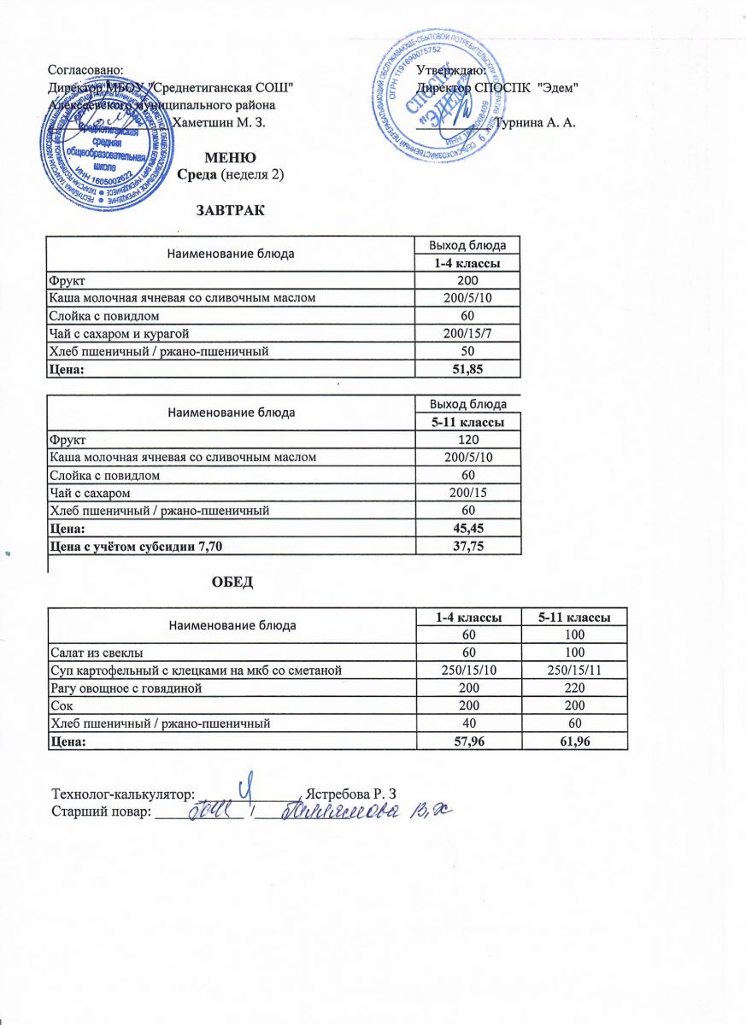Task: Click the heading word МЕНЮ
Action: [228, 158]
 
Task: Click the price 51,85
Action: [467, 368]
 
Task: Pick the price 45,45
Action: [467, 530]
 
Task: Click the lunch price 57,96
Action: [467, 742]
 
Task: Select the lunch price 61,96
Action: [572, 742]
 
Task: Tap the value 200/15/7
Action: [467, 333]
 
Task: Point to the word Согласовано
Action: [86, 68]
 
